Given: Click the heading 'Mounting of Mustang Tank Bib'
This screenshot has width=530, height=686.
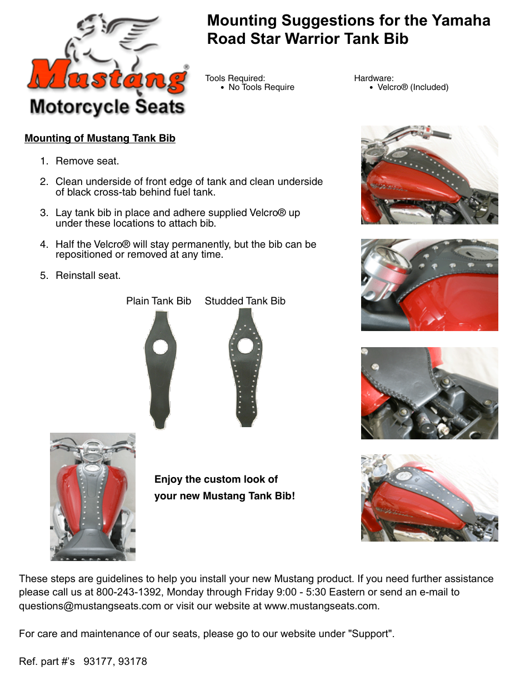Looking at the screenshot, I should (100, 138).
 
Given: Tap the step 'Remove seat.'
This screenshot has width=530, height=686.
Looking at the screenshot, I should (87, 161).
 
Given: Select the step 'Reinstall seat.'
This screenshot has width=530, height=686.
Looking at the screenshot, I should (88, 276).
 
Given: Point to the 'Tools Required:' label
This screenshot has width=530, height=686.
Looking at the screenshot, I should (235, 78).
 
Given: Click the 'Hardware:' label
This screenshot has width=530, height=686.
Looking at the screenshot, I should (374, 78).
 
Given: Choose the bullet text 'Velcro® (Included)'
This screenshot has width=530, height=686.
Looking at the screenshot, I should (413, 87).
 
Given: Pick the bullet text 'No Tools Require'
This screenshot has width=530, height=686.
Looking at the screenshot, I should (261, 87).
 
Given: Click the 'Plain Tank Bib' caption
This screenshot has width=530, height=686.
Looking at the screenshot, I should (158, 301).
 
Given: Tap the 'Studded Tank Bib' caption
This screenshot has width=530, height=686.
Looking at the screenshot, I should (245, 301).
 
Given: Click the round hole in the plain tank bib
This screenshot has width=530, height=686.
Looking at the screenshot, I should (161, 347).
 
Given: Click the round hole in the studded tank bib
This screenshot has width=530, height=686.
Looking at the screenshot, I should (246, 345).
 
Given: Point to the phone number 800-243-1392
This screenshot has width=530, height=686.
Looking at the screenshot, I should (129, 592).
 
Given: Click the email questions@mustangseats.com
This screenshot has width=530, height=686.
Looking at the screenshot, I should (90, 606).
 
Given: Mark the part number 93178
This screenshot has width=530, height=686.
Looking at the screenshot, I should (133, 662).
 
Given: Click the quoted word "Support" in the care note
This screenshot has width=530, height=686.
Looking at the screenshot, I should (371, 634).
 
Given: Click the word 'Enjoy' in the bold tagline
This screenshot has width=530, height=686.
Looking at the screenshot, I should (168, 479).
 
